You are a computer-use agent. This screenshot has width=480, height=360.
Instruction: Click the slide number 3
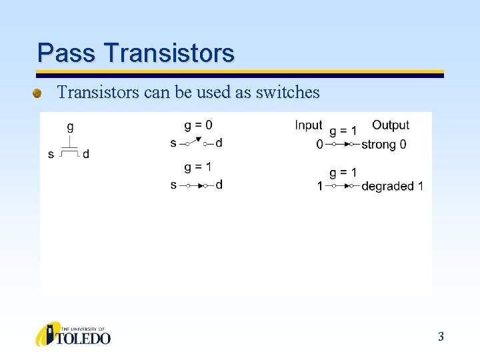[x=441, y=337]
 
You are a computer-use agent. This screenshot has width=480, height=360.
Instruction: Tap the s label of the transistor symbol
[x=51, y=155]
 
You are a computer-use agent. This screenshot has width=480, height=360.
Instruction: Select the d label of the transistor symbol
[x=86, y=155]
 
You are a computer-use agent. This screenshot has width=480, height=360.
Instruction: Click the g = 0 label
[x=199, y=125]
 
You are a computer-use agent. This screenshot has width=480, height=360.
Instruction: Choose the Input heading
[x=308, y=125]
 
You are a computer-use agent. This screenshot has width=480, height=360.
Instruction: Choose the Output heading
[x=391, y=125]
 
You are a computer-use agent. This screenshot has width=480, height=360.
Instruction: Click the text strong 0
[x=383, y=144]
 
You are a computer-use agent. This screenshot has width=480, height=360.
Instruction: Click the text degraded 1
[x=392, y=186]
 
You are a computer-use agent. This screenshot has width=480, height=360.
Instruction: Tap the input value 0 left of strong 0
[x=320, y=144]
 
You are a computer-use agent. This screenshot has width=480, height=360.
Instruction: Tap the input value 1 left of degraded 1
[x=320, y=186]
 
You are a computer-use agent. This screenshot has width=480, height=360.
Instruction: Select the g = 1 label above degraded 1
[x=343, y=172]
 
